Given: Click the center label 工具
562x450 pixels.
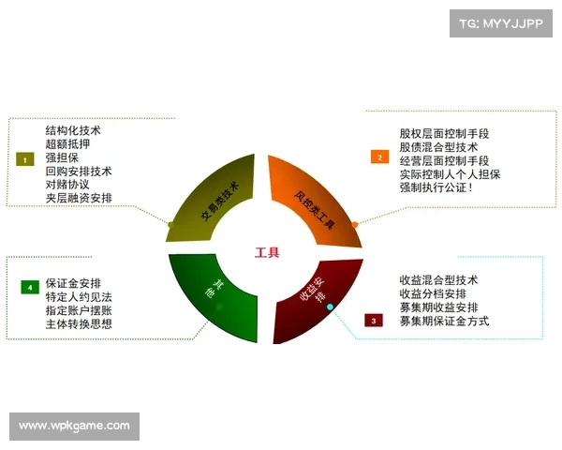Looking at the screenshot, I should tap(267, 252).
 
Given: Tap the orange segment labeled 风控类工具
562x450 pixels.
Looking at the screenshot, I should tap(314, 197).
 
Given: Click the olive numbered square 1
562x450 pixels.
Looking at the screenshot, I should tap(24, 159).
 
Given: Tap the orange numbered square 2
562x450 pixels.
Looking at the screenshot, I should tap(379, 157).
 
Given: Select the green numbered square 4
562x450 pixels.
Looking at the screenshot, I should tap(29, 286).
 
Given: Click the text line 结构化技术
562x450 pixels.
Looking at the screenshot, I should tap(73, 130).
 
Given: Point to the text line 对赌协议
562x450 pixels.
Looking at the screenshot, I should tap(67, 185).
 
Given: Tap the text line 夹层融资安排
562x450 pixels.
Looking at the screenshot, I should tap(79, 198).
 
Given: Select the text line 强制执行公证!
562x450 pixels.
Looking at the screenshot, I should tap(436, 187).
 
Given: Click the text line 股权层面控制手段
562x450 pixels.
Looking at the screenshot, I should tap(443, 133).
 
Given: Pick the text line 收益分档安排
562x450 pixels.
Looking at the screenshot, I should tap(433, 293).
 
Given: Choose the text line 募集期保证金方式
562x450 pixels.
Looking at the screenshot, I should tap(444, 321).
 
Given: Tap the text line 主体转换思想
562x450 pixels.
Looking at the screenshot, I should tap(79, 323).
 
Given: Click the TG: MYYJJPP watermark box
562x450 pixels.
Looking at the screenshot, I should tap(500, 22).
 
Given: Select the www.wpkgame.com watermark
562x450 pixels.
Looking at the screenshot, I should tap(75, 427).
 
